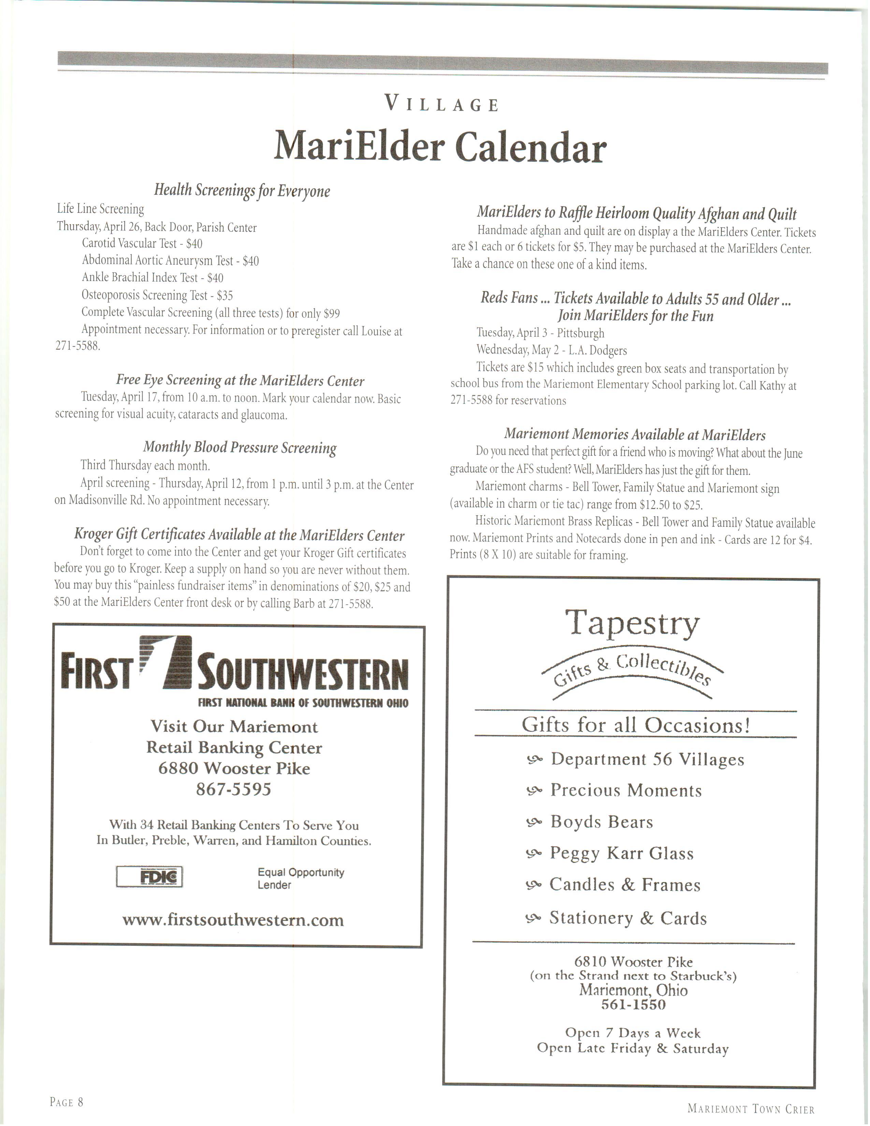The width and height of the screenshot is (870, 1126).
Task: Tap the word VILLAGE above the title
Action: (x=442, y=105)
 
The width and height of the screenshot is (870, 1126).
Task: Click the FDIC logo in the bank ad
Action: (x=149, y=877)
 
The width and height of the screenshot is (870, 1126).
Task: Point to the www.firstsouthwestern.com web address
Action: (x=233, y=920)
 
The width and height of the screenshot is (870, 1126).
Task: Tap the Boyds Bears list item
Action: (x=601, y=822)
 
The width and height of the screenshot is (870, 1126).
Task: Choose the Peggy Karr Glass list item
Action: (x=622, y=853)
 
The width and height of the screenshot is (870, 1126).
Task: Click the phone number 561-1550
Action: (x=634, y=1004)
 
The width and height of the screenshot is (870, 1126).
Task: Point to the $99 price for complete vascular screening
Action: (x=331, y=314)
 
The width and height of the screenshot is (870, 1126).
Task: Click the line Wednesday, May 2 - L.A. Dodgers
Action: (x=551, y=350)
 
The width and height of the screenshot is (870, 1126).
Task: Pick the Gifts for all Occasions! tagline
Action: (x=636, y=725)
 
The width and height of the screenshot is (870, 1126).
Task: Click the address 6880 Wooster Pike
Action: (x=234, y=769)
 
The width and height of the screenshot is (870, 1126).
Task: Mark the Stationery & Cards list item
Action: (x=628, y=918)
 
